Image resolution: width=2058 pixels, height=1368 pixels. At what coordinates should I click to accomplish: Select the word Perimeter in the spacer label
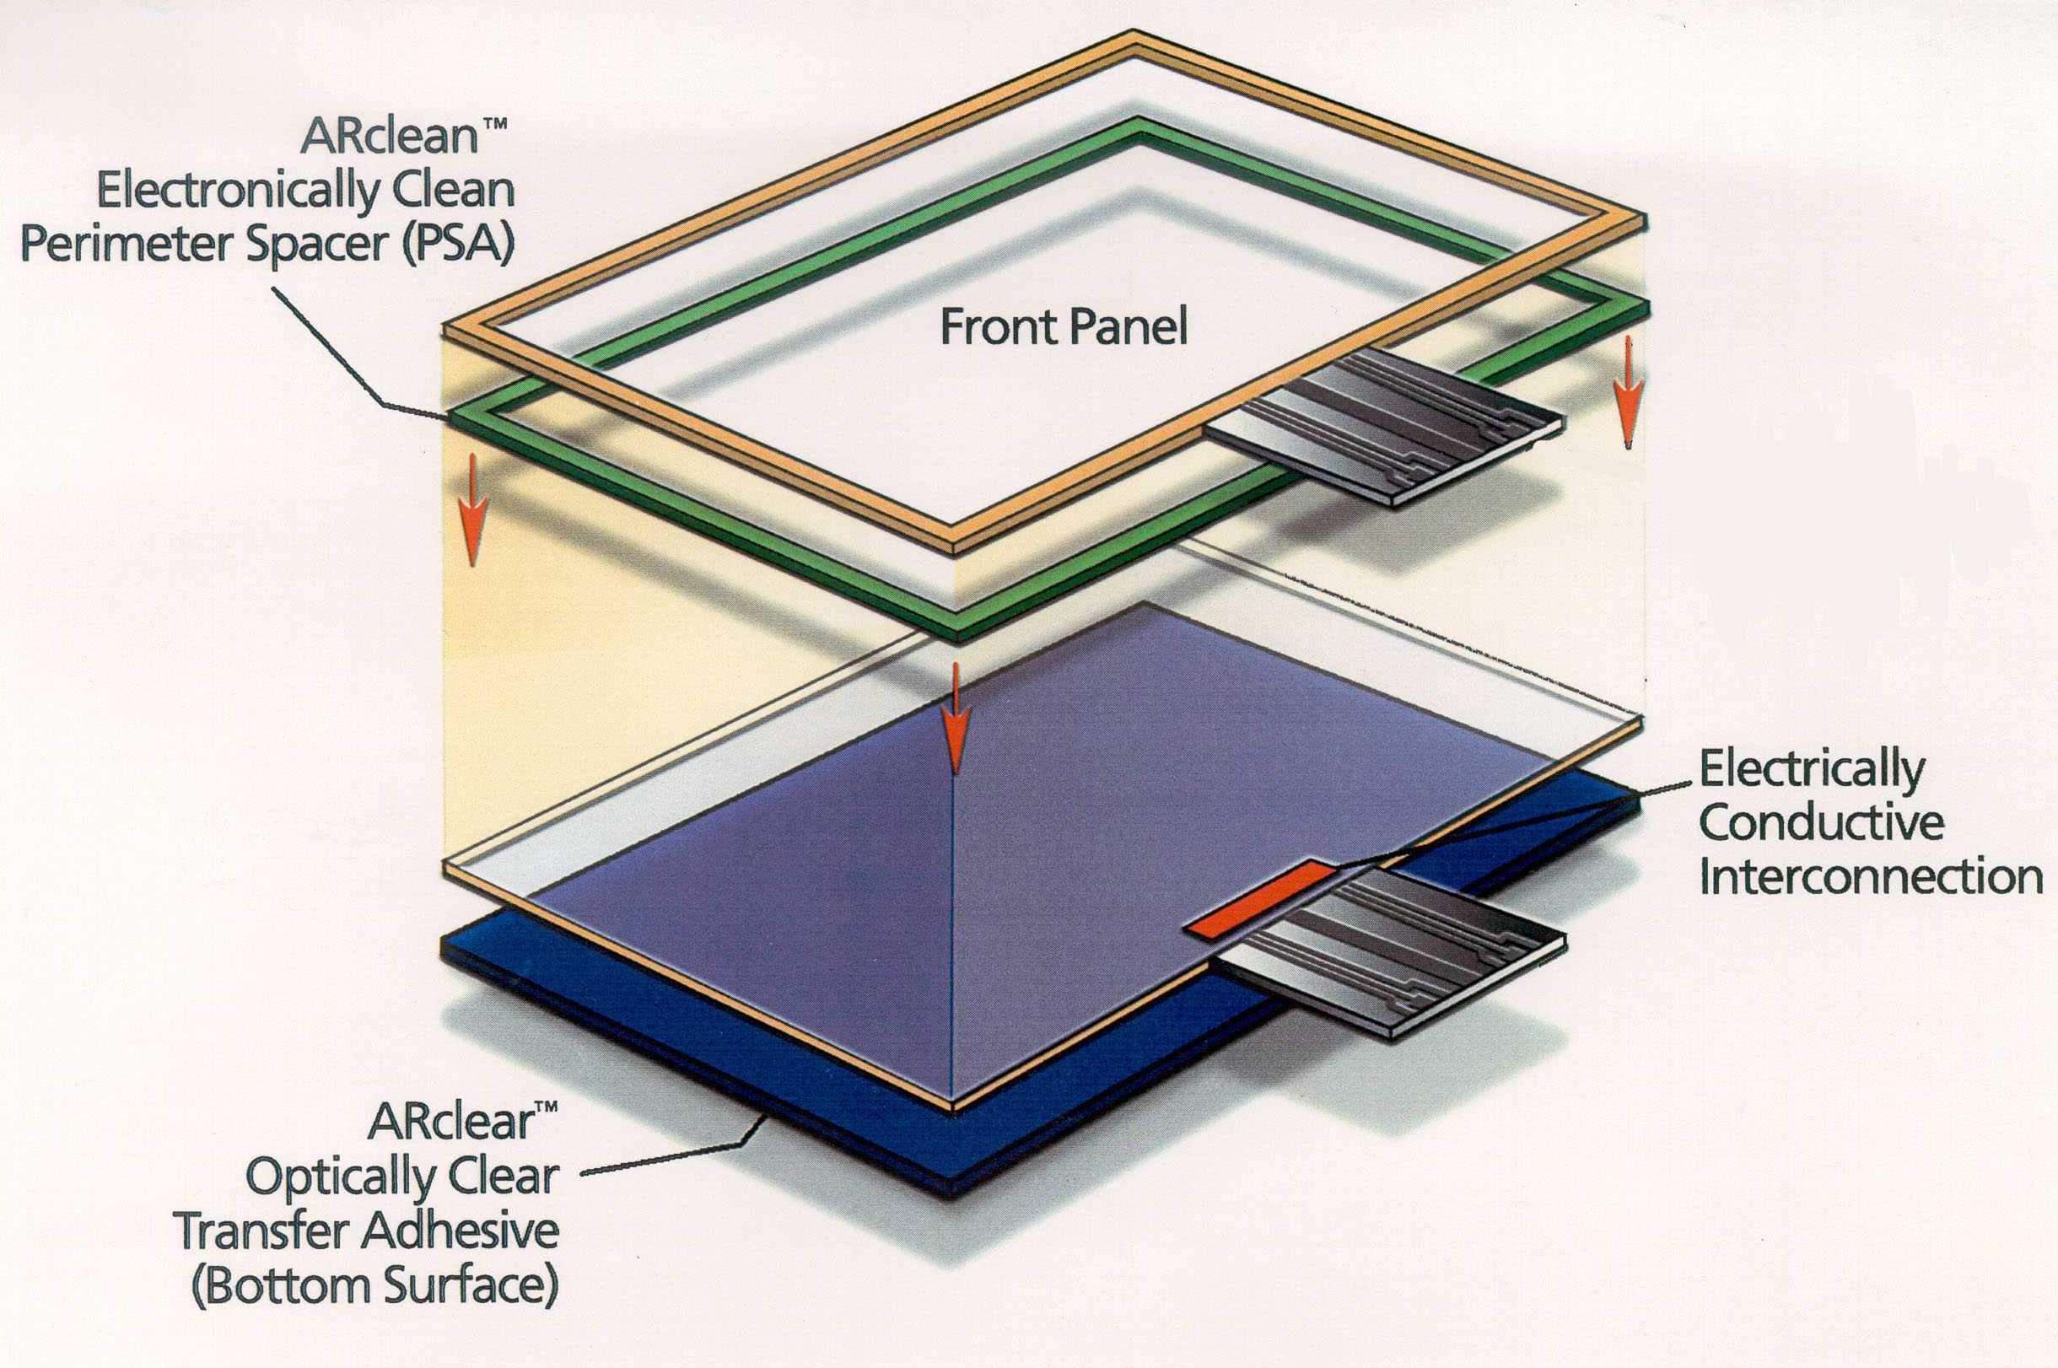pyautogui.click(x=127, y=245)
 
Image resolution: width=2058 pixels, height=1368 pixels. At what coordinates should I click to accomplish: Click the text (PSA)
pyautogui.click(x=458, y=245)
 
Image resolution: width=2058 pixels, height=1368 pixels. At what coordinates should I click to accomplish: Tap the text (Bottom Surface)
pyautogui.click(x=375, y=1286)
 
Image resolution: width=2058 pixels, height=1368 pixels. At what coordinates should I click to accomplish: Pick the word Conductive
pyautogui.click(x=1822, y=824)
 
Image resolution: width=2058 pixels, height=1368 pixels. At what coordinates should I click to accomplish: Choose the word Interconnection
pyautogui.click(x=1871, y=877)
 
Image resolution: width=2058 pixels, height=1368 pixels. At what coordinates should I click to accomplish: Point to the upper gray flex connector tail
pyautogui.click(x=1387, y=428)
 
